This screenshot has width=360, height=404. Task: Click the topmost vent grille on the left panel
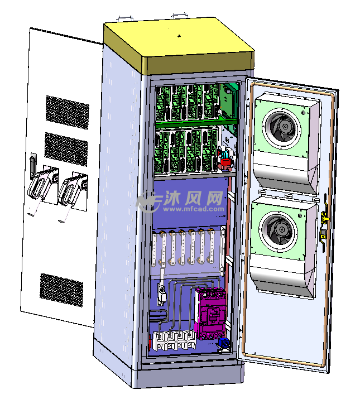(x=67, y=110)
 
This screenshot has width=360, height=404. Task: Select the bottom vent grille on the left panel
(x=61, y=288)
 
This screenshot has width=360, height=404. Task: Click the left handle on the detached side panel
(x=40, y=187)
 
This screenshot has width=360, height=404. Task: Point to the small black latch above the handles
(x=33, y=162)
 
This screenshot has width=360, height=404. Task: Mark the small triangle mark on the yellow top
(x=179, y=36)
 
